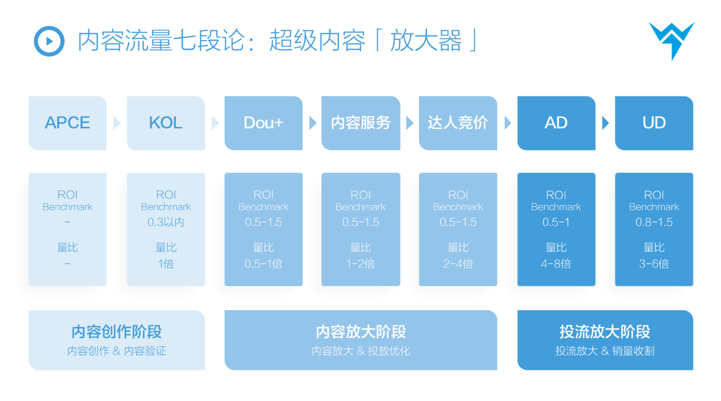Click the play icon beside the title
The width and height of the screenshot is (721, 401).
point(49,41)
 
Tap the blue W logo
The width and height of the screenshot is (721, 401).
point(671,39)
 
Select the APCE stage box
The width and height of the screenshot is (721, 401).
point(68,123)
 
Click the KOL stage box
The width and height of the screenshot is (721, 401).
point(166,123)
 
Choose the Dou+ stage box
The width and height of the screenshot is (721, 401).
point(263,123)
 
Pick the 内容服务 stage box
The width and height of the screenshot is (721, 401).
point(360,123)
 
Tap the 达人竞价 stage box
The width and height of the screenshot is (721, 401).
point(458,123)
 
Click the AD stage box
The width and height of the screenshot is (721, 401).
point(556,123)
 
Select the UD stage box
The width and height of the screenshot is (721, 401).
point(654,123)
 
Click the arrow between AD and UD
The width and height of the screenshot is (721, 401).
point(606,123)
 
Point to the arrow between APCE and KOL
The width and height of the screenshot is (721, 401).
point(117,123)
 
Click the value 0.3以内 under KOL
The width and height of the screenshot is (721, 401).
point(166,222)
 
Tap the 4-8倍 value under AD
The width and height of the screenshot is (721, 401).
point(556,264)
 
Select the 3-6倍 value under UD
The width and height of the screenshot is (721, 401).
point(654,264)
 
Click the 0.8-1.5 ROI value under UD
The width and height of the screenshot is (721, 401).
point(654,222)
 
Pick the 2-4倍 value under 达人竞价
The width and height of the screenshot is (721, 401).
point(458,264)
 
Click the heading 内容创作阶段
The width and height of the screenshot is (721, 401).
point(117,332)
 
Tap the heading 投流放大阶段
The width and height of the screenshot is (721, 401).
point(605,331)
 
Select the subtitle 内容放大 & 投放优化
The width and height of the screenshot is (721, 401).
point(360,351)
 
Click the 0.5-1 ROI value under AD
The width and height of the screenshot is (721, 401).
point(556,222)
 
